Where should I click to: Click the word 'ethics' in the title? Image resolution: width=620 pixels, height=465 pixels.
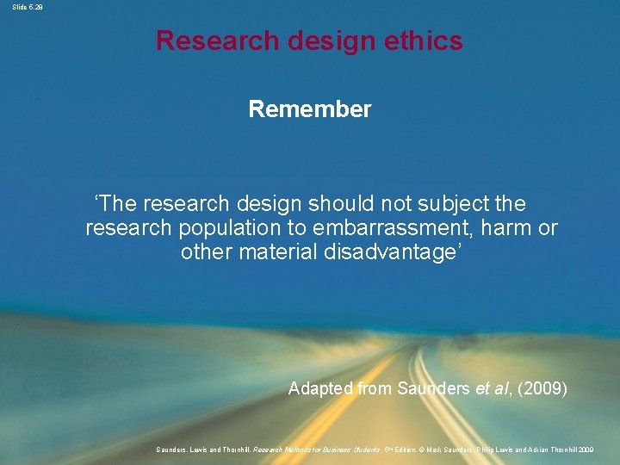[x=422, y=40]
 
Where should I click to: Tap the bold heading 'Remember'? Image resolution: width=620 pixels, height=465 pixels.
[x=310, y=109]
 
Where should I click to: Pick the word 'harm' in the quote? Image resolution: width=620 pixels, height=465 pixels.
[x=510, y=228]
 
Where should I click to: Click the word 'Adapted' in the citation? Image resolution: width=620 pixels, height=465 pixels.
[x=319, y=388]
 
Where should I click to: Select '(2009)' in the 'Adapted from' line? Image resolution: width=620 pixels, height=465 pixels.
[x=544, y=388]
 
